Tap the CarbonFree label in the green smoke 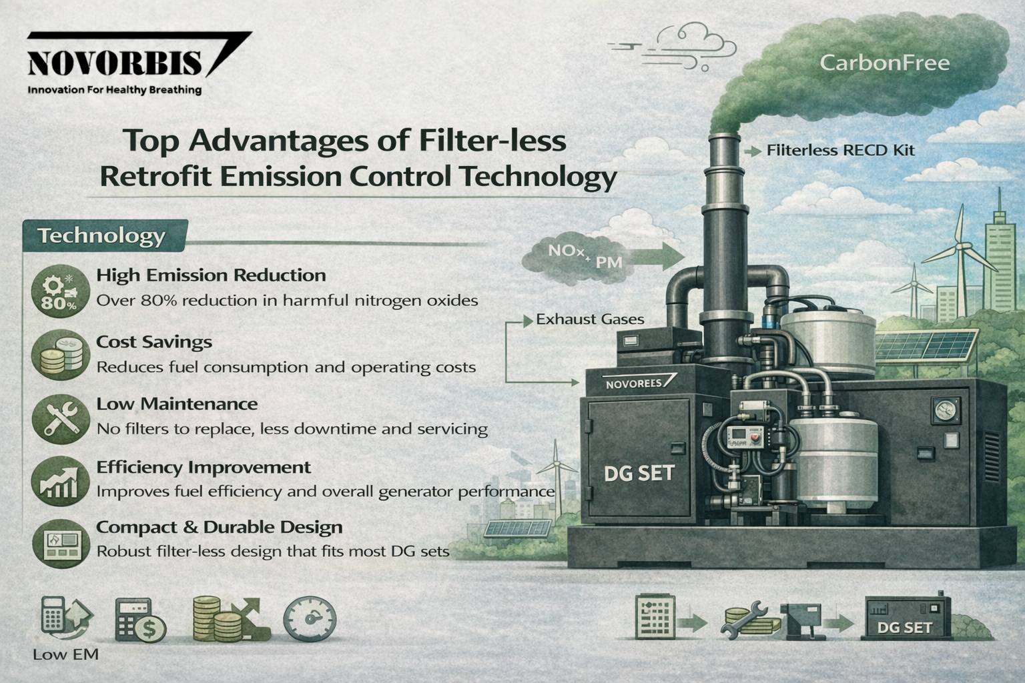tap(884, 63)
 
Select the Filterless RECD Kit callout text tap(840, 151)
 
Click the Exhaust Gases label tap(590, 319)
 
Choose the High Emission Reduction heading tap(211, 275)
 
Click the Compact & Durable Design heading tap(219, 527)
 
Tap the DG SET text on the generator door tap(639, 474)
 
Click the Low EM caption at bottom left tap(65, 654)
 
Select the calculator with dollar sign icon tap(140, 620)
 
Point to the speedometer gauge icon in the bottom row tap(310, 620)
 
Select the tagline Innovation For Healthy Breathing tap(114, 89)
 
